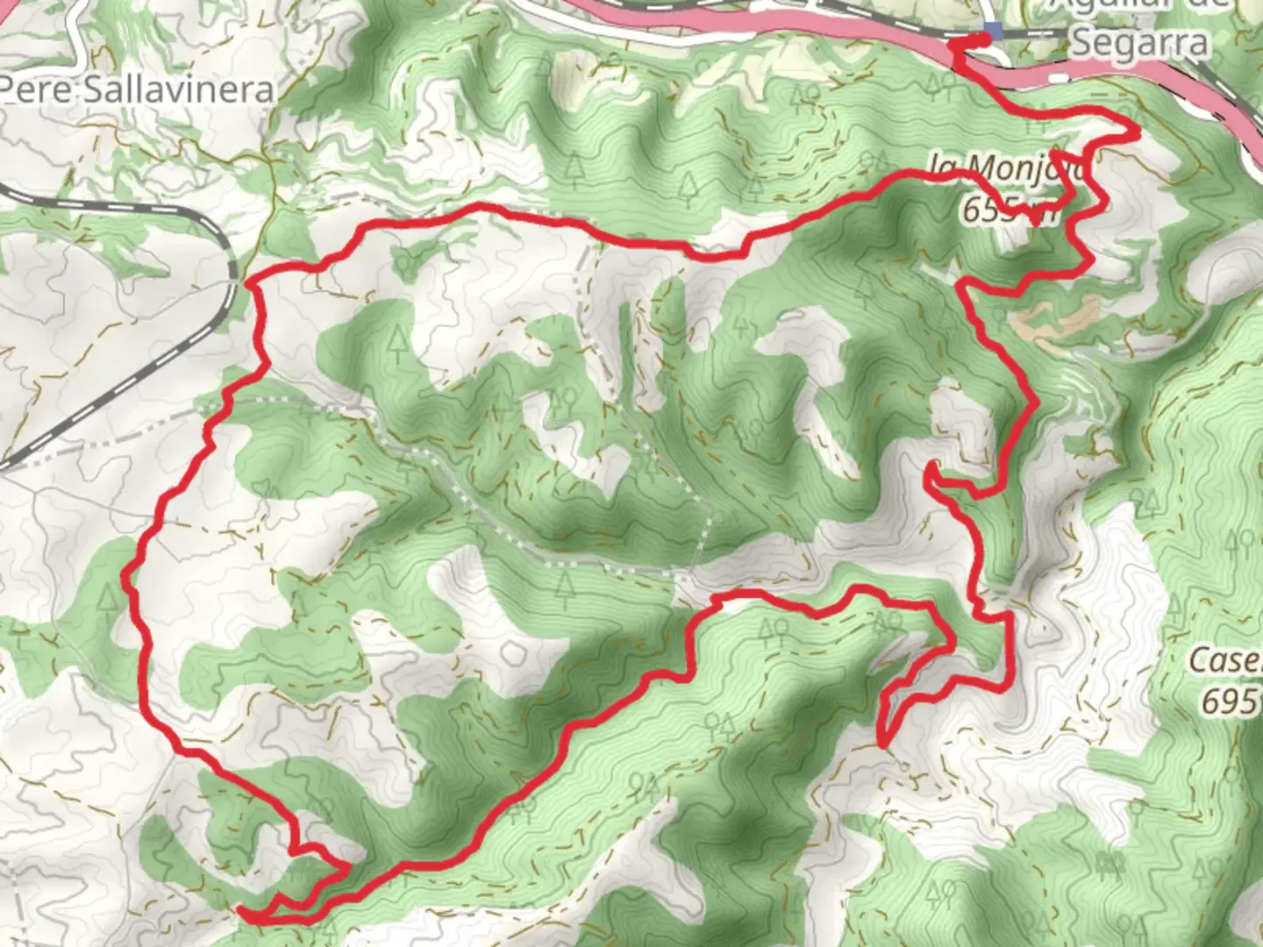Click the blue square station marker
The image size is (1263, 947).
click(x=992, y=32)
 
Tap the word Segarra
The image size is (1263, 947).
click(x=1139, y=42)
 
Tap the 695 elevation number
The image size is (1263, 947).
click(x=1231, y=701)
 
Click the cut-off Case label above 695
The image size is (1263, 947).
click(x=1225, y=661)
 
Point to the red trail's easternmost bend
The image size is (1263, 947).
click(x=1137, y=132)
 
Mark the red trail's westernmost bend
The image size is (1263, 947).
click(x=127, y=579)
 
